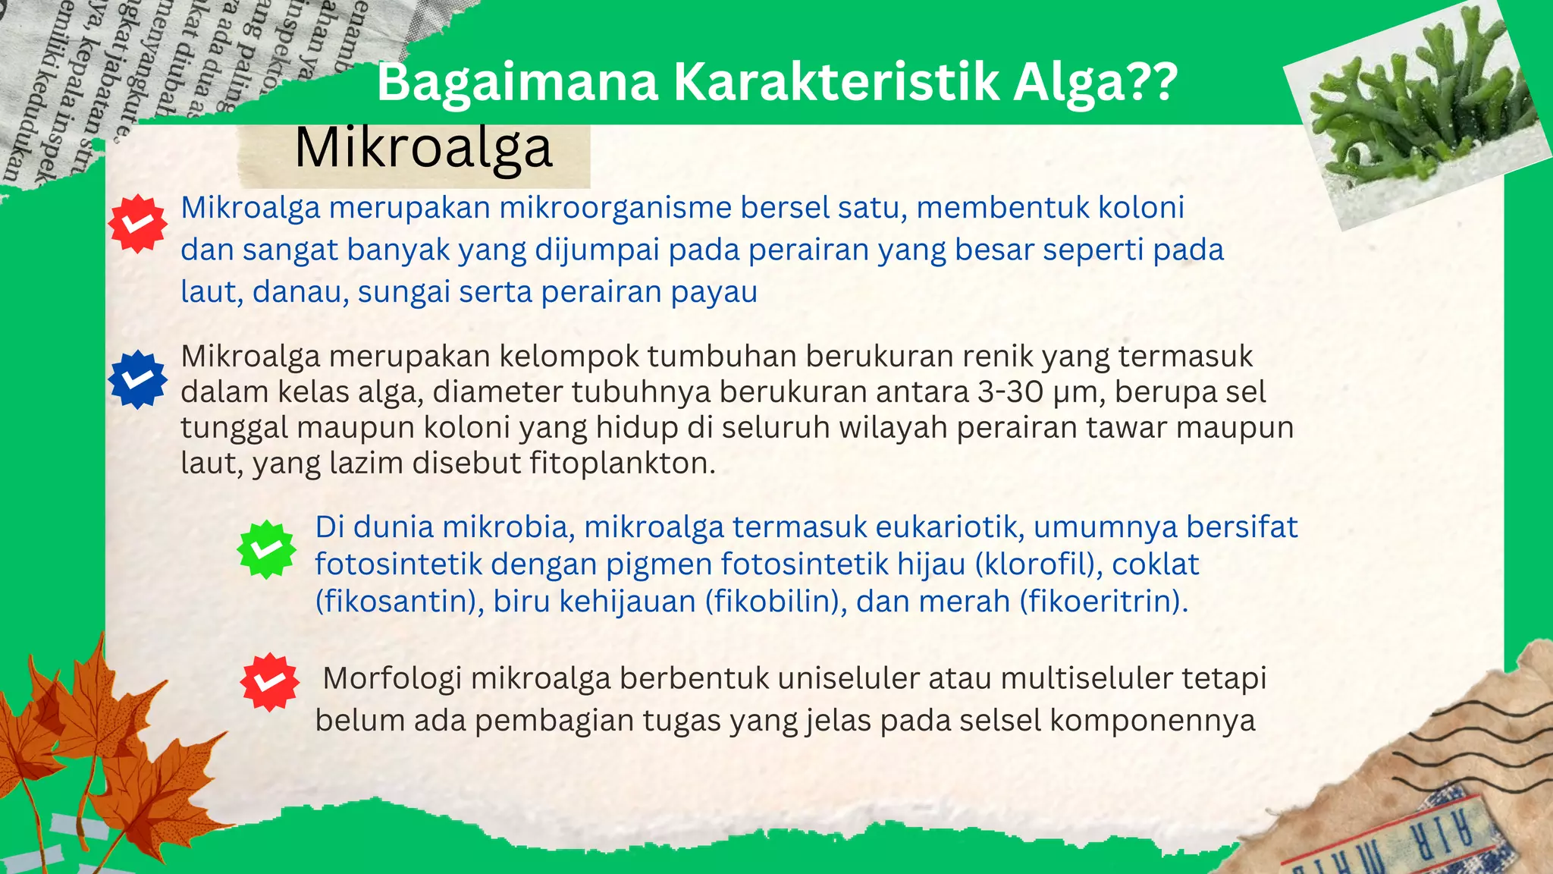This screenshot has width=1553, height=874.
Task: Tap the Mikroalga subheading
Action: tap(423, 147)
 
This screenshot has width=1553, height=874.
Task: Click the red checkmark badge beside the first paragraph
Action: tap(137, 224)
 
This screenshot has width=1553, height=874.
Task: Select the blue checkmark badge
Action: tap(137, 379)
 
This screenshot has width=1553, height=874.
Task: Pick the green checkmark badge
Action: tap(266, 549)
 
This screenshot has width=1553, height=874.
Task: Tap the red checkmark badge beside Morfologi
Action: tap(269, 682)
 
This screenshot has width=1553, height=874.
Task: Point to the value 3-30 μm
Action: tap(1040, 392)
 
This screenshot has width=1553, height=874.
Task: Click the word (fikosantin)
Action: tap(400, 602)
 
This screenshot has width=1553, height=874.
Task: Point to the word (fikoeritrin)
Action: tap(1102, 602)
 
